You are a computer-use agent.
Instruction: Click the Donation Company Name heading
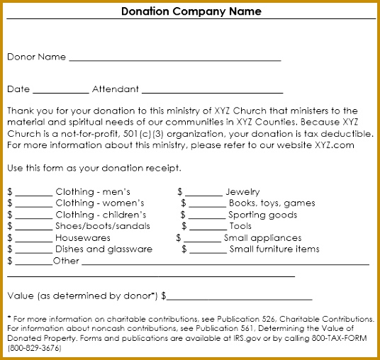[x=191, y=11]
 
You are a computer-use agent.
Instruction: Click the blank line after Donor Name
[x=174, y=60]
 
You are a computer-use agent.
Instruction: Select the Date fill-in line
[x=60, y=93]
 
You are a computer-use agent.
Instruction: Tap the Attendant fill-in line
[x=212, y=93]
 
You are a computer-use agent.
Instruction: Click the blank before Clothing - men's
[x=33, y=195]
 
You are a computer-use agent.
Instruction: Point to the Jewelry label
[x=242, y=192]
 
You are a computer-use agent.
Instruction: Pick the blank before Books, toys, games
[x=208, y=206]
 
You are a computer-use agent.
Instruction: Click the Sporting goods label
[x=263, y=215]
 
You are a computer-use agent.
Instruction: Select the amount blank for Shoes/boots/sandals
[x=33, y=229]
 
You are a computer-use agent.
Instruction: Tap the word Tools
[x=240, y=226]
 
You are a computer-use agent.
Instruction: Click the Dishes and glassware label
[x=104, y=249]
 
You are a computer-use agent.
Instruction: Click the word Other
[x=66, y=261]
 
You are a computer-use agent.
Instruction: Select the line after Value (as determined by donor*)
[x=240, y=300]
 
